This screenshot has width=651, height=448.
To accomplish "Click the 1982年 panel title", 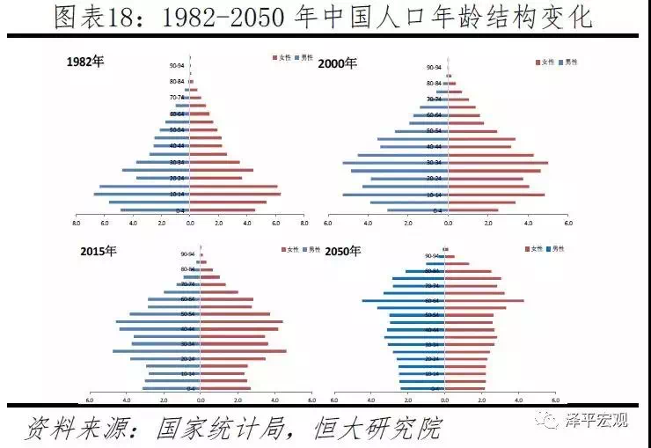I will (85, 62).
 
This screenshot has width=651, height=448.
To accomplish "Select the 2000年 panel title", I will (338, 63).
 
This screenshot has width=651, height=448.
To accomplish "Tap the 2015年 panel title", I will (98, 251).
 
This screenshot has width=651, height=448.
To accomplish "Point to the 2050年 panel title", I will (343, 252).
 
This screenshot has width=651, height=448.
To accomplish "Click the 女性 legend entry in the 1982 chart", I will (284, 58).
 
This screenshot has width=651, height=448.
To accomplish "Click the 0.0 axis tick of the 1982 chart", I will (190, 222).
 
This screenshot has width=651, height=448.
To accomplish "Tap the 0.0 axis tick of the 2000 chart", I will (448, 222).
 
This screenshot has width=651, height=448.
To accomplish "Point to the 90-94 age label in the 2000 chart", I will (434, 67).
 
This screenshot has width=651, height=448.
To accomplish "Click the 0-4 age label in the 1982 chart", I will (179, 210).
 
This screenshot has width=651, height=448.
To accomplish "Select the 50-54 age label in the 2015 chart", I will (187, 314).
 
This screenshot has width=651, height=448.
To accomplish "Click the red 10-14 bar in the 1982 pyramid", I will (235, 195).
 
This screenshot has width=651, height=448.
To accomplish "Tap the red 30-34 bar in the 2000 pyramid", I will (498, 163).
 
